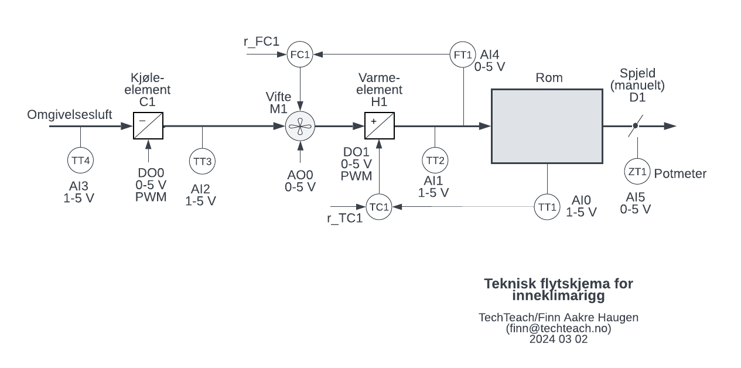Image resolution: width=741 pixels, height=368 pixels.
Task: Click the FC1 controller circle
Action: (x=300, y=54)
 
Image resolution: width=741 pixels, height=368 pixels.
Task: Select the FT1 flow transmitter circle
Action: (x=463, y=54)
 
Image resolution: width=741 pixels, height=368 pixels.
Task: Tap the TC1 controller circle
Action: (x=379, y=207)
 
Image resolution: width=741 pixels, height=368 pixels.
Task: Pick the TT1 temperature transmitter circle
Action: (x=547, y=207)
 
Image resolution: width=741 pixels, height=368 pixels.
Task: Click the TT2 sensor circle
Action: (x=435, y=160)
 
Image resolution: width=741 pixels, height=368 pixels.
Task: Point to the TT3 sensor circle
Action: (x=202, y=161)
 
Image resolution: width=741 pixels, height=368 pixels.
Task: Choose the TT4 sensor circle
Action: (x=80, y=160)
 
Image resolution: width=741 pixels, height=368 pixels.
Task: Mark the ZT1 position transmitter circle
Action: (x=637, y=172)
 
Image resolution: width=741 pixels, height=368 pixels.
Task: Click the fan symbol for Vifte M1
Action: (x=300, y=126)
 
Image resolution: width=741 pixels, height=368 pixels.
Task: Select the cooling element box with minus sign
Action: (x=148, y=126)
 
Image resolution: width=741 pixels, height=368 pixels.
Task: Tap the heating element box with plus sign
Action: (x=380, y=126)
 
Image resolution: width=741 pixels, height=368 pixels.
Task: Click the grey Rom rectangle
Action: (x=547, y=126)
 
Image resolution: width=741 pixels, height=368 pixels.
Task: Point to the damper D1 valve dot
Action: (x=635, y=126)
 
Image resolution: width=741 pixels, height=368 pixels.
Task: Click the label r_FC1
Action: (x=261, y=42)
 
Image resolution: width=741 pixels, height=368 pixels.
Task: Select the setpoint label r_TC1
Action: (x=344, y=219)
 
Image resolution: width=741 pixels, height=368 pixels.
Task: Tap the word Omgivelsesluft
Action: (x=70, y=114)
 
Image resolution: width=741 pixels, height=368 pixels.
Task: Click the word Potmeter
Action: (x=680, y=173)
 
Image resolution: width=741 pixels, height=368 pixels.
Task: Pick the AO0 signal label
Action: (x=300, y=175)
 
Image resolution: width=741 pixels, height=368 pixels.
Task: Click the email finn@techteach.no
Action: (x=559, y=328)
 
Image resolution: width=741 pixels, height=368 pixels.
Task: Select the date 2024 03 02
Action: (x=559, y=339)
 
